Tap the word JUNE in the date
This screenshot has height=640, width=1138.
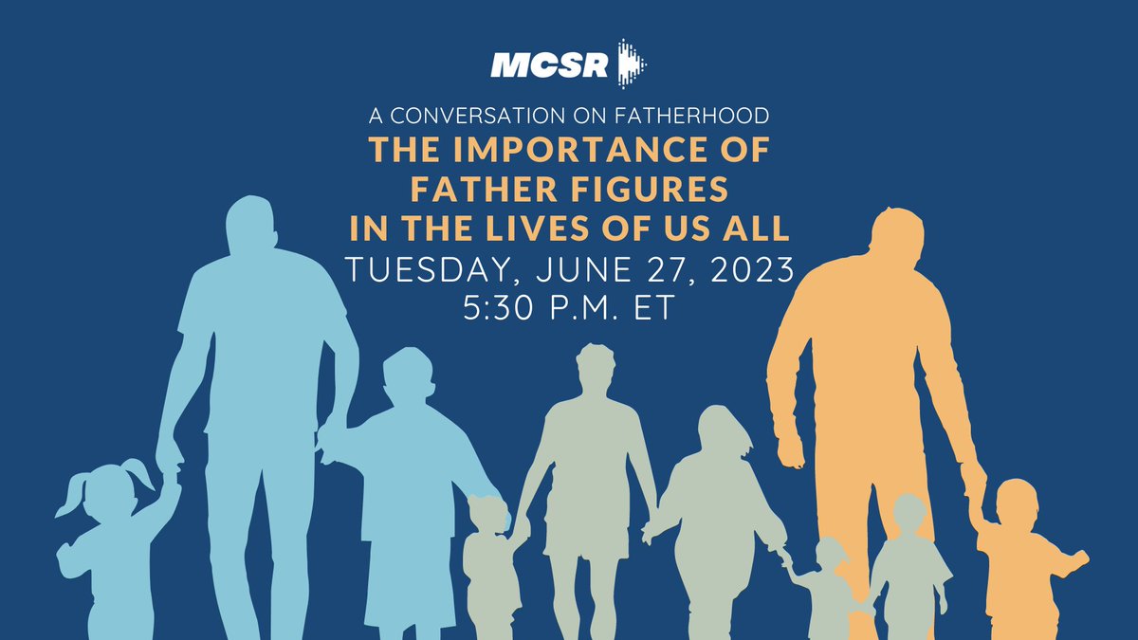574,271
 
